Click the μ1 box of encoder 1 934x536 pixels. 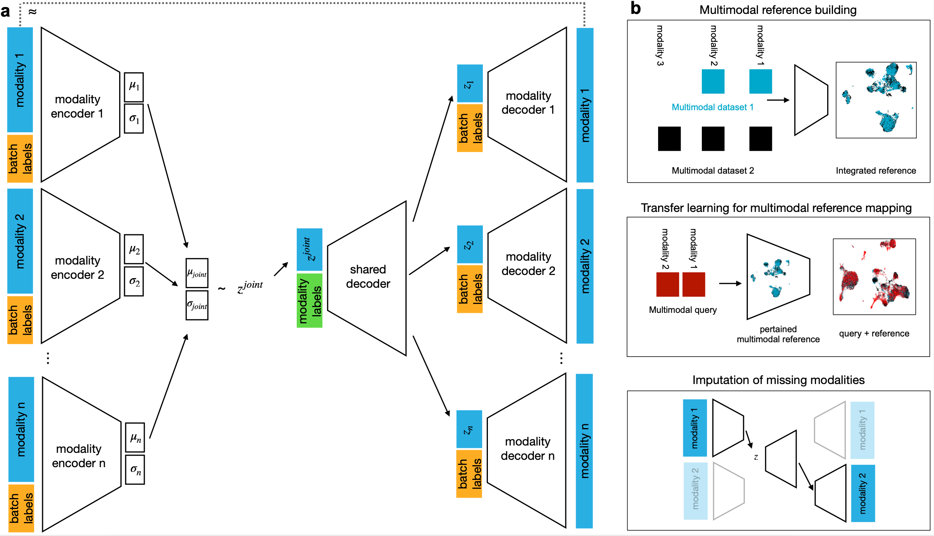tap(134, 86)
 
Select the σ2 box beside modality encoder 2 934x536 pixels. tap(134, 282)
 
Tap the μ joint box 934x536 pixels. tap(197, 273)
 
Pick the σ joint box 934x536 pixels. tap(197, 306)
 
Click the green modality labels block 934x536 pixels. tap(310, 300)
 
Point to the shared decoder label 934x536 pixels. tap(368, 277)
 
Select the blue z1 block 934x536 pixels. tap(470, 84)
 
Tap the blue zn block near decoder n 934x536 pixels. tap(469, 429)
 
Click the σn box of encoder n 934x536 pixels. tap(135, 470)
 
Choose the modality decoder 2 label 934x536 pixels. tap(528, 264)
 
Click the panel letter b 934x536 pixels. tap(635, 9)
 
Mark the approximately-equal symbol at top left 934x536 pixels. tap(33, 12)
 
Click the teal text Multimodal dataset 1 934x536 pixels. tap(712, 107)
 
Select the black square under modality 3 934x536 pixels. tap(669, 138)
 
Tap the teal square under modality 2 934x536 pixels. tap(713, 81)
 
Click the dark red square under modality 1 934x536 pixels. tap(693, 284)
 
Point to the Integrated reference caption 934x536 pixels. tap(876, 171)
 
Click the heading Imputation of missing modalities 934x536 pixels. tap(778, 380)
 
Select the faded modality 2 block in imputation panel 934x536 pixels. tap(695, 491)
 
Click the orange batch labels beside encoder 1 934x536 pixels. tap(20, 158)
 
